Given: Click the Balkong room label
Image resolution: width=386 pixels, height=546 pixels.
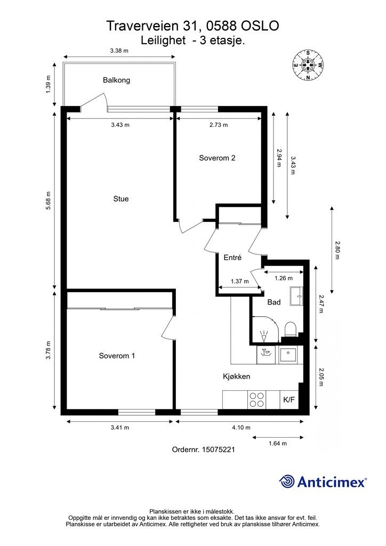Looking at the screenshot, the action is coord(117,80).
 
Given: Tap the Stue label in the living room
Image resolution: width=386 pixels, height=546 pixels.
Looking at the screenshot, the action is coord(121,199).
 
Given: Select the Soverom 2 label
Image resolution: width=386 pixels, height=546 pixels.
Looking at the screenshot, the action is coord(217,158).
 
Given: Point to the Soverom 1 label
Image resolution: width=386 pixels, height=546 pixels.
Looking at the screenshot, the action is coord(117,356).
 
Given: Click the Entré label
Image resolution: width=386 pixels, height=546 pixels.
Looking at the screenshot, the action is coord(232,258).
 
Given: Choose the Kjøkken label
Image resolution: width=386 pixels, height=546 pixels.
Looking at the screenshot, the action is coord(237,376).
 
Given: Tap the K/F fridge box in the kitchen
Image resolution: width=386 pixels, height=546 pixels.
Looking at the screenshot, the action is coord(289,400).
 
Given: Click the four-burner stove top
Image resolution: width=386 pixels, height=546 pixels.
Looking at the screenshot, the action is coord(257,400).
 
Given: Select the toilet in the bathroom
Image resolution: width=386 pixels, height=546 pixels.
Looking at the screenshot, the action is coord(290,329).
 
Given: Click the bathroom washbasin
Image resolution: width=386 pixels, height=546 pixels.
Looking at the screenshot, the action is coord(296,296).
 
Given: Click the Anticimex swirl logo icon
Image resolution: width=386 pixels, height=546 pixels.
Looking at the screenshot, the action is coord(287,482).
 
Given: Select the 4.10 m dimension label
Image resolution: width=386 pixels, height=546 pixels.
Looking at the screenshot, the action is coord(242,427).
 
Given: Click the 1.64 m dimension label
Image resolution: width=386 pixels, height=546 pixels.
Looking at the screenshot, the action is coord(278,443).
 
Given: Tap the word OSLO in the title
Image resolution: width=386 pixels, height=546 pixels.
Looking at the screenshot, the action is coord(260,26).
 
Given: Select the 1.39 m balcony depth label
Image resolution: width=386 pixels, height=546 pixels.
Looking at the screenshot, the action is coord(49,84).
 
